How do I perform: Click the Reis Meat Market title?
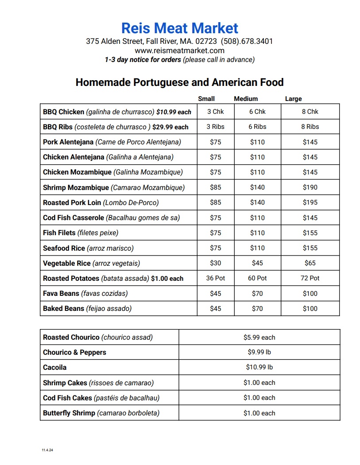pos(180,28)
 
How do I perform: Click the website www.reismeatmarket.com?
pos(179,50)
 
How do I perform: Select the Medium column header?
pos(246,99)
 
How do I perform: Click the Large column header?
pos(293,99)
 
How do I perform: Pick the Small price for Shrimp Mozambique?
pos(215,187)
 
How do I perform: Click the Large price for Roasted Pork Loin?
pos(310,202)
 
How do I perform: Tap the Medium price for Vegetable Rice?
pos(257,263)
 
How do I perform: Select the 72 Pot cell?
pos(310,278)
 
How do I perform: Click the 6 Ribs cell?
pos(257,127)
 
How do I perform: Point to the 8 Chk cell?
pos(310,112)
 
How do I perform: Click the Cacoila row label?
pos(55,368)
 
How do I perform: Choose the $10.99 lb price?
pos(259,368)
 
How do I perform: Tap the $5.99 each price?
pos(259,337)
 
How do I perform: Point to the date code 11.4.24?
pos(47,450)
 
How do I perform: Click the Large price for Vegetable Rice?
pos(310,263)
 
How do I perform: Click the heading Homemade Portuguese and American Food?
pos(179,82)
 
